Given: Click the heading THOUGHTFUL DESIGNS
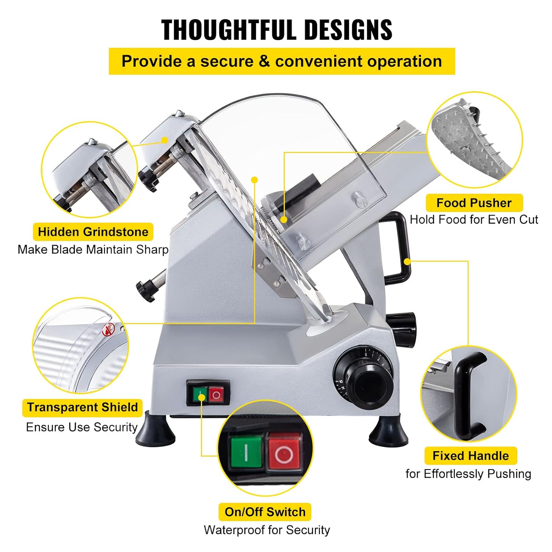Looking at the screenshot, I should click(x=277, y=29).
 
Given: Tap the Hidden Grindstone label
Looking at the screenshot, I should click(x=93, y=232).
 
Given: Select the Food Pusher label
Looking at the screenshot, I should click(x=474, y=203).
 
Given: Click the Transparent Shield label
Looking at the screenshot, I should click(x=82, y=407).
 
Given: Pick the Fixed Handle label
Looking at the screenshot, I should click(x=471, y=456).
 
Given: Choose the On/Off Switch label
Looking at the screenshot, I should click(x=265, y=512).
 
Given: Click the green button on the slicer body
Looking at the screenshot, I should click(x=201, y=395).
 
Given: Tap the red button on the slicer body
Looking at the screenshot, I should click(x=216, y=395).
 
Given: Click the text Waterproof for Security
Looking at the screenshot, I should click(x=267, y=530).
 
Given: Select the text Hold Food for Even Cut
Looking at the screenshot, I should click(x=474, y=220).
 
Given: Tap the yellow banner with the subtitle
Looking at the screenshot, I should click(x=282, y=61).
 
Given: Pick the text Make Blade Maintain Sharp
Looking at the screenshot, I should click(x=93, y=250).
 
